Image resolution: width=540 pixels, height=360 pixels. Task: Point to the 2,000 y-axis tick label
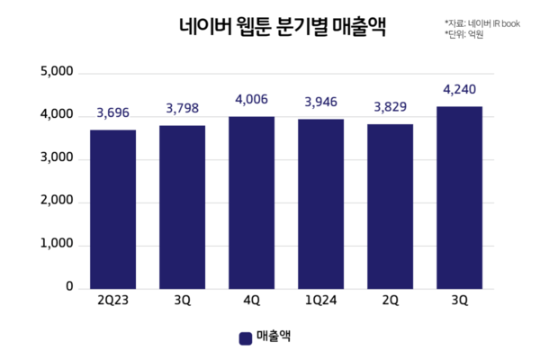point(57,202)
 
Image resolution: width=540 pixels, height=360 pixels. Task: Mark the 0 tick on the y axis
point(68,288)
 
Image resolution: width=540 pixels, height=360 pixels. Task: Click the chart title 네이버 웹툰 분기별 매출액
point(269,28)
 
